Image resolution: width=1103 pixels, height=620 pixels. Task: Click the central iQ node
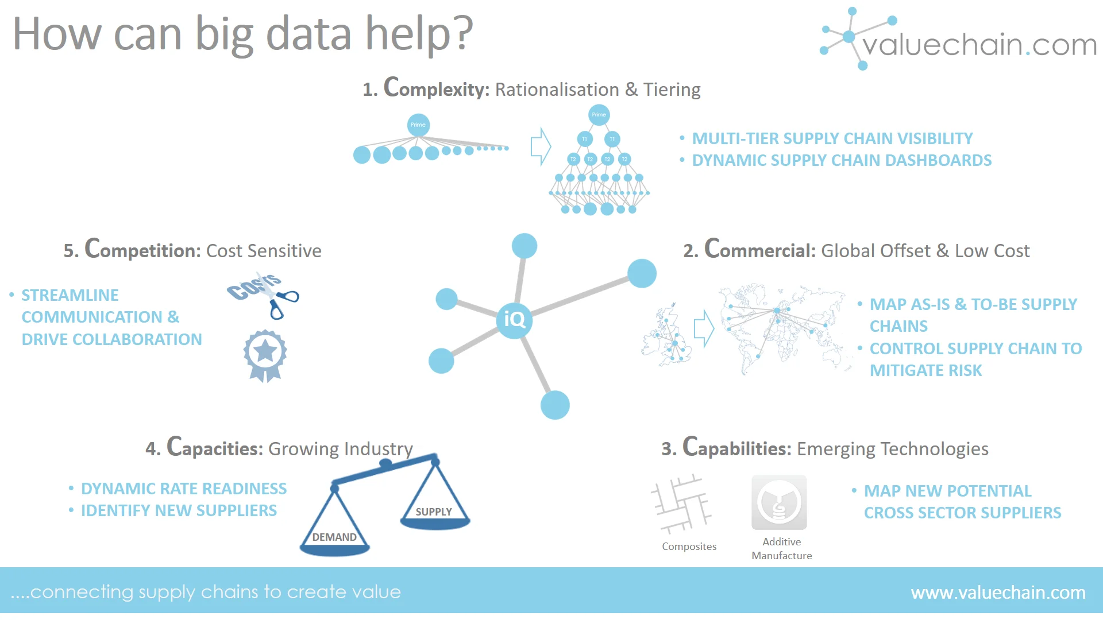pyautogui.click(x=514, y=320)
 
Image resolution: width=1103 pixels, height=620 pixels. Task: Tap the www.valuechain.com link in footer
pyautogui.click(x=998, y=592)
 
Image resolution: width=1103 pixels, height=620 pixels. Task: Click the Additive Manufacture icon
pyautogui.click(x=779, y=502)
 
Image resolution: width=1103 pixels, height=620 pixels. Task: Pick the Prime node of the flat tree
pyautogui.click(x=418, y=125)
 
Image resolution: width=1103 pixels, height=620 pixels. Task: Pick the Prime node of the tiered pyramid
pyautogui.click(x=599, y=115)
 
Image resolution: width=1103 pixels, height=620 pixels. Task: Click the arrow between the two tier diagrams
pyautogui.click(x=541, y=146)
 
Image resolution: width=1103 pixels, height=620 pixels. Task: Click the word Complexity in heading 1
pyautogui.click(x=437, y=88)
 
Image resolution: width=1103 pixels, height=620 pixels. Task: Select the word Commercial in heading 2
pyautogui.click(x=760, y=250)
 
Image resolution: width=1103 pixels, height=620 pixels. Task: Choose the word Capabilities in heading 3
pyautogui.click(x=737, y=448)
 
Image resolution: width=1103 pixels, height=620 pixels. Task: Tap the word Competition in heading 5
pyautogui.click(x=142, y=250)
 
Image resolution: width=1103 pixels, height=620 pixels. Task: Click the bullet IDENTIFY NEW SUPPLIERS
pyautogui.click(x=179, y=510)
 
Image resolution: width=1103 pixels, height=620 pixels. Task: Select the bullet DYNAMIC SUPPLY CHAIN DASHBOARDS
pyautogui.click(x=842, y=160)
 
